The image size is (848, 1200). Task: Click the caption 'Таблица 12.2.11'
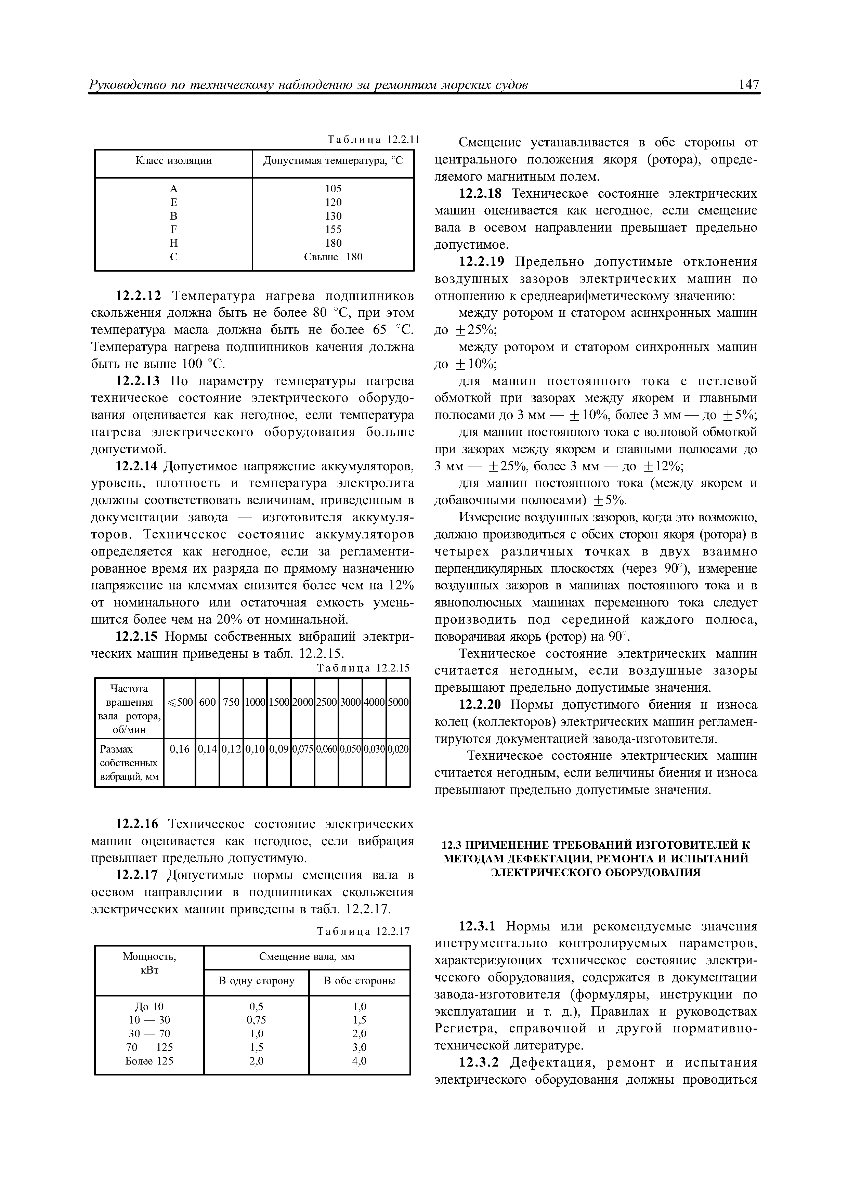[x=373, y=140]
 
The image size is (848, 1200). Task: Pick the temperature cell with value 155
[x=333, y=230]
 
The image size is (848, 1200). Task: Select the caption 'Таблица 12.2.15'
[x=364, y=668]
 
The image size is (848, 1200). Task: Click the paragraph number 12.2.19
[x=480, y=262]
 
